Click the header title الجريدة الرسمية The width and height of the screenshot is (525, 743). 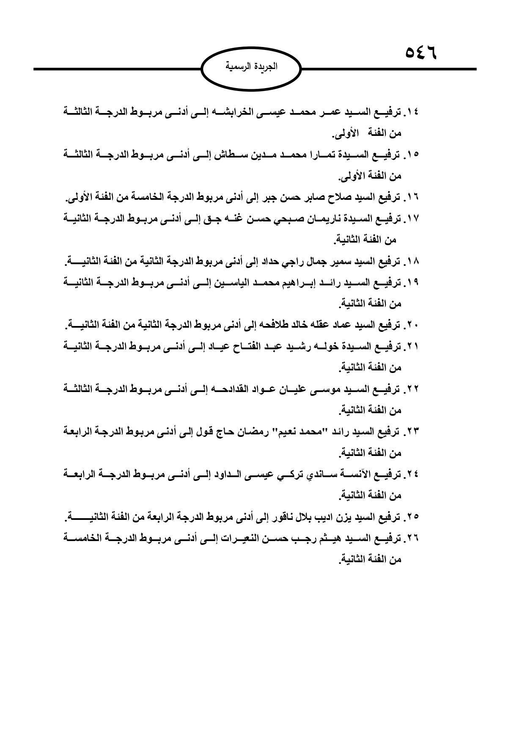tap(251, 67)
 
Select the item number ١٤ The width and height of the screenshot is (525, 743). tap(412, 112)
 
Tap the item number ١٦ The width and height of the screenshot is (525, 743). tap(412, 197)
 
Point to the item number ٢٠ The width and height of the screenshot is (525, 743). tap(412, 325)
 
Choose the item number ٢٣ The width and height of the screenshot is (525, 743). tap(412, 432)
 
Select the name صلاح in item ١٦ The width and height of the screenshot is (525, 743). tap(324, 197)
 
